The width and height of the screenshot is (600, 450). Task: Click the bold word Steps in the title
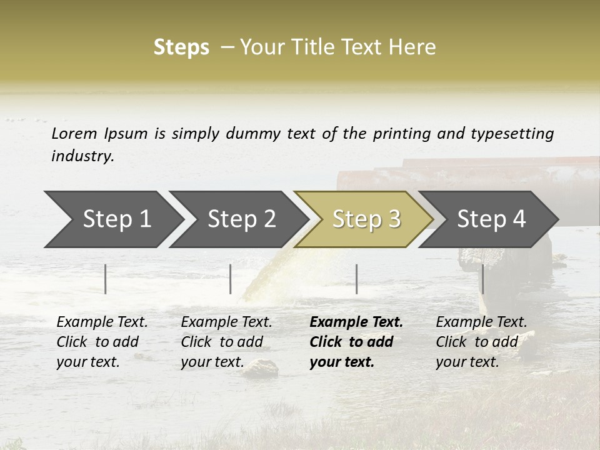pyautogui.click(x=181, y=47)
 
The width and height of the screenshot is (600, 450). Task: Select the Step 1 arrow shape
pyautogui.click(x=112, y=219)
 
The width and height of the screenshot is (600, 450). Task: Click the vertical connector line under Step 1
pyautogui.click(x=106, y=279)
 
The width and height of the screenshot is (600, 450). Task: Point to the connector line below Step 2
pyautogui.click(x=231, y=279)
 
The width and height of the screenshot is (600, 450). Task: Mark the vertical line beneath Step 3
pyautogui.click(x=356, y=279)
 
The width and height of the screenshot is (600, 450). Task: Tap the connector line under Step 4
pyautogui.click(x=482, y=279)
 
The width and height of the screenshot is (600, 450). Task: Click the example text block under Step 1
pyautogui.click(x=102, y=342)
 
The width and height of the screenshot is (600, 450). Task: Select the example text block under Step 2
pyautogui.click(x=226, y=342)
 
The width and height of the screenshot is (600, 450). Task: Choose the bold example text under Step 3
pyautogui.click(x=356, y=342)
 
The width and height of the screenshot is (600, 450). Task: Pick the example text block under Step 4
pyautogui.click(x=481, y=342)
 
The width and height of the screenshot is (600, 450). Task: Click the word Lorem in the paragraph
pyautogui.click(x=74, y=133)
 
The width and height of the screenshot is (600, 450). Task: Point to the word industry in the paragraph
pyautogui.click(x=82, y=156)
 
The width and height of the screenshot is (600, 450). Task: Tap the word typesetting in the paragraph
pyautogui.click(x=512, y=133)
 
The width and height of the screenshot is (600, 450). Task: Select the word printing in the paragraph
pyautogui.click(x=400, y=133)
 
